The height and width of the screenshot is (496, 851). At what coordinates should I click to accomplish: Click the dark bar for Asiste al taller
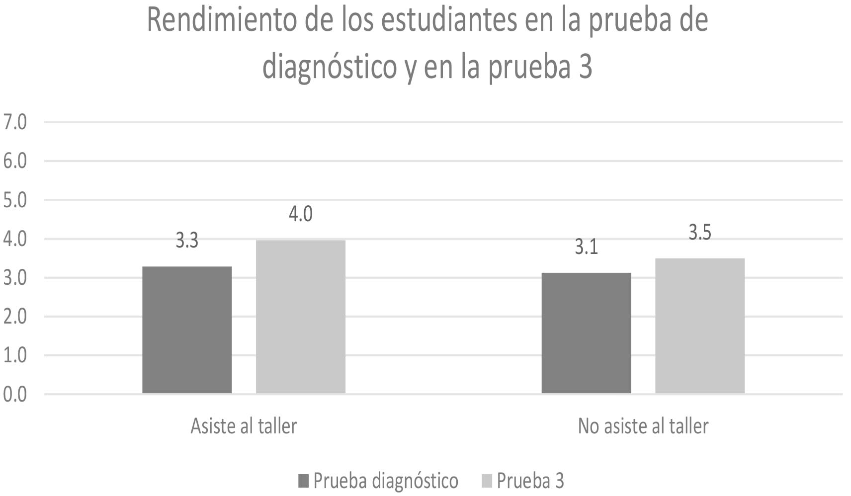[187, 330]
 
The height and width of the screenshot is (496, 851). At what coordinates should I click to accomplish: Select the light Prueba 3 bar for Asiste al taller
[300, 317]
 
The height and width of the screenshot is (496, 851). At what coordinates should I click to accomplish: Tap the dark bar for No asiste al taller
[586, 333]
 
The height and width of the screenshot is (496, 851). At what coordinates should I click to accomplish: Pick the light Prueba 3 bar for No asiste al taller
[699, 326]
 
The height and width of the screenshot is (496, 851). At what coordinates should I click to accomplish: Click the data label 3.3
[187, 241]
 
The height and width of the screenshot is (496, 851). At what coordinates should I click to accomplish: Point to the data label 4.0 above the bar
[301, 214]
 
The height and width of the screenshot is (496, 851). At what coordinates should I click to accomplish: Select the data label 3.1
[586, 247]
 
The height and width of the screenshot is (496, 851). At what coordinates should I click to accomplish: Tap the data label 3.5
[700, 233]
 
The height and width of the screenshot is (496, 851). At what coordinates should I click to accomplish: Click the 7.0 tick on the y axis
[15, 122]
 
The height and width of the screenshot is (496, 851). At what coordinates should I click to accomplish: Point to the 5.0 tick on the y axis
[15, 200]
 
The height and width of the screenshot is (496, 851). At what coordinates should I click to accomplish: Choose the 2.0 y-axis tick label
[15, 317]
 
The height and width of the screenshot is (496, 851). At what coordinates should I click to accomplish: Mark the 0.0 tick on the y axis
[15, 395]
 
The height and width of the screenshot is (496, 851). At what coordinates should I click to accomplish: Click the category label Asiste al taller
[244, 426]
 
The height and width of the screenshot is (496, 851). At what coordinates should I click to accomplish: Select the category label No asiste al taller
[643, 426]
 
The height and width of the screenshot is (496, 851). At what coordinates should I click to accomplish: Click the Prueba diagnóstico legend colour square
[304, 481]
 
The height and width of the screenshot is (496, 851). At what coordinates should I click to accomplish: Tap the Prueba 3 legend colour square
[487, 481]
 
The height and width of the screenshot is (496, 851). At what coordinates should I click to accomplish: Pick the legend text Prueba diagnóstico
[386, 481]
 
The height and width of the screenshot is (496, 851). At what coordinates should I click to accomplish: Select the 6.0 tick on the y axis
[15, 161]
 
